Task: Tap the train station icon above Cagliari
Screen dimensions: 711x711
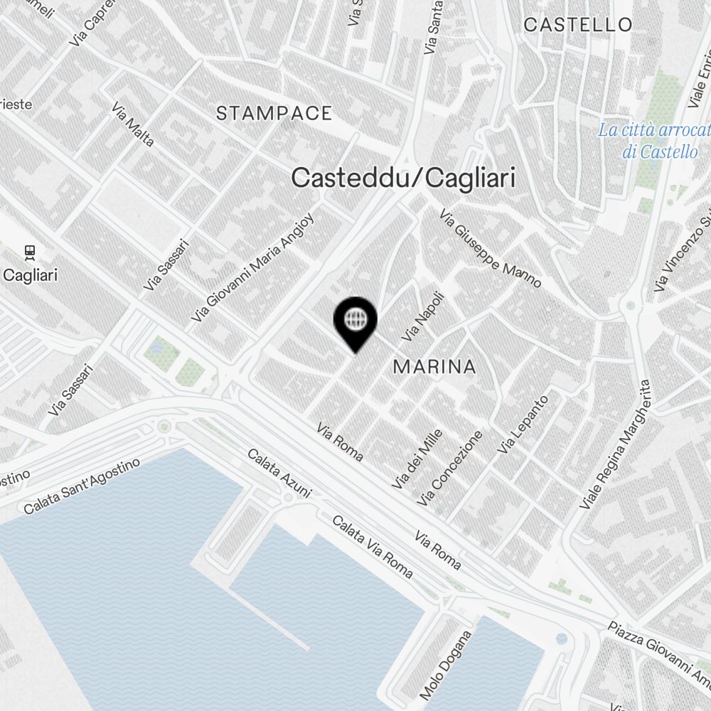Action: (30, 252)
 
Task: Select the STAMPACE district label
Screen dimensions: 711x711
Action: (274, 113)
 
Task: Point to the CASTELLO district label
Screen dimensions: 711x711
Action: (577, 25)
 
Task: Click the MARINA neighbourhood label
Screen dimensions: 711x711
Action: (434, 367)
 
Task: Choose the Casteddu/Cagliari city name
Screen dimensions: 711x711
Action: (403, 178)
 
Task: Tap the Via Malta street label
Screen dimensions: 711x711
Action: (133, 124)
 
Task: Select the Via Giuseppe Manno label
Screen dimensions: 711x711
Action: (490, 247)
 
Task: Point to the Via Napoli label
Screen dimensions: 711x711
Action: (423, 315)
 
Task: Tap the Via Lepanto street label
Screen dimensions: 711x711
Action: (523, 424)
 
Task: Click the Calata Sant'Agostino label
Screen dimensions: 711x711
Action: (82, 487)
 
